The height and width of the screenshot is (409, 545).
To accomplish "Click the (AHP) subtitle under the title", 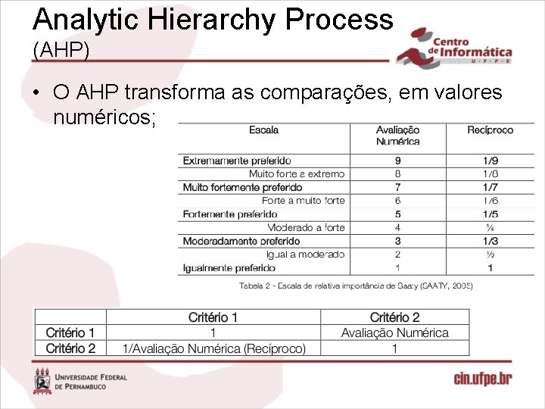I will (x=61, y=50).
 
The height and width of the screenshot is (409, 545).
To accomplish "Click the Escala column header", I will (x=263, y=130).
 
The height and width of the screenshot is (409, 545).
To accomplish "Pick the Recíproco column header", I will (x=490, y=130).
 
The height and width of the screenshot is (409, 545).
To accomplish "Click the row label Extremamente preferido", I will (x=236, y=161).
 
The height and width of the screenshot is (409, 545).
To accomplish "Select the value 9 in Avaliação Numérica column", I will (x=397, y=161).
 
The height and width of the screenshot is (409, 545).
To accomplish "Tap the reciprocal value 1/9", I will (x=490, y=161).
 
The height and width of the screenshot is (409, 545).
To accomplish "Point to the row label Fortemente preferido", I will (x=230, y=214).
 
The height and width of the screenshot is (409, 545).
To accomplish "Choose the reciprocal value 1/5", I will (x=490, y=214).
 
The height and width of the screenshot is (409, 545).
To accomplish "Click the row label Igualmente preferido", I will (x=229, y=267).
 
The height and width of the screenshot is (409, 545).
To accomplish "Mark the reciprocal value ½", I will (x=490, y=254).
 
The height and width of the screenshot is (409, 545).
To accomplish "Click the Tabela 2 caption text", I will (x=356, y=286).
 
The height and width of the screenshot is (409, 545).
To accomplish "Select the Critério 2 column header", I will (x=394, y=317).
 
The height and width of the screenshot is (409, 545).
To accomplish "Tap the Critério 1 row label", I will (x=70, y=333).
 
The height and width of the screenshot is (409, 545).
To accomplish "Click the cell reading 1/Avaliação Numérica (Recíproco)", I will (x=214, y=348).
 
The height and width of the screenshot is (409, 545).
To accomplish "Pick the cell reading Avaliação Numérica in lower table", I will (x=394, y=333).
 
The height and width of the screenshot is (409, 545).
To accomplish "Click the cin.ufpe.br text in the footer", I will (x=482, y=379).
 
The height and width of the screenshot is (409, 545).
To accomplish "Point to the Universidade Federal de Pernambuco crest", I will (x=42, y=381).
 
